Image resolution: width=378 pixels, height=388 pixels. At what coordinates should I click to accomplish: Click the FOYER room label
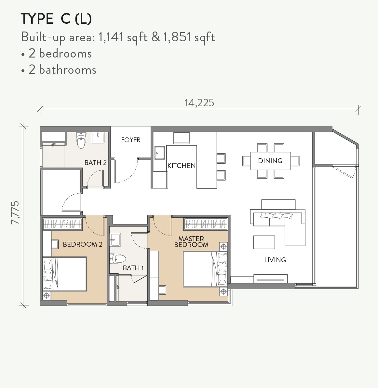[130, 140]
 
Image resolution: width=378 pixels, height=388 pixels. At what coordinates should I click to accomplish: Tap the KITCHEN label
[181, 165]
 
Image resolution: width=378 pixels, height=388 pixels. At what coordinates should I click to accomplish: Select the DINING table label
[270, 161]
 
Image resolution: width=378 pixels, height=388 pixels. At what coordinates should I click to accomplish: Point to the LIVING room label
[275, 260]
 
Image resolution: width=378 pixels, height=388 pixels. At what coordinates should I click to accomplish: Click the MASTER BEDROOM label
[191, 242]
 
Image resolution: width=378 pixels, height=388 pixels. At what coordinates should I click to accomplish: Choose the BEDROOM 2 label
[83, 244]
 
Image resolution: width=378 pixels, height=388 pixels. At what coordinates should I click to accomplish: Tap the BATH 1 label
[133, 268]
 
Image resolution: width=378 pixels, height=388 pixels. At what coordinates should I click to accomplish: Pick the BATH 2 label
[95, 163]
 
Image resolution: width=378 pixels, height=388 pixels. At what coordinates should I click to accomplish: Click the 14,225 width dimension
[199, 103]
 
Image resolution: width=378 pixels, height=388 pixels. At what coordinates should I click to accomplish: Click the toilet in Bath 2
[81, 140]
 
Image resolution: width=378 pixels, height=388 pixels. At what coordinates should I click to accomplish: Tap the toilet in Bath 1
[118, 259]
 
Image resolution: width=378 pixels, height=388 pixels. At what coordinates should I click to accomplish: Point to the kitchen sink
[159, 152]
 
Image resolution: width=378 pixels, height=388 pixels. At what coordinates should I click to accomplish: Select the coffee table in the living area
[264, 242]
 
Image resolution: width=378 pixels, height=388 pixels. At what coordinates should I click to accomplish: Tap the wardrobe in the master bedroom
[205, 224]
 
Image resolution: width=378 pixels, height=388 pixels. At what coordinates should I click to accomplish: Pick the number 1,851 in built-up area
[177, 37]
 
